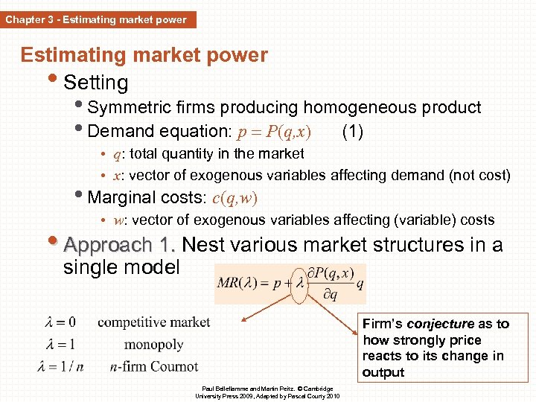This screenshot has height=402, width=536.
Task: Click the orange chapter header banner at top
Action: (x=98, y=19)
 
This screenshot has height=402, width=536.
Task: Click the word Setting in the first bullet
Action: (x=96, y=83)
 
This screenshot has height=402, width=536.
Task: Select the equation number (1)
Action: (x=352, y=132)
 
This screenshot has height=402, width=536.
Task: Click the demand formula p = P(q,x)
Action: (x=273, y=133)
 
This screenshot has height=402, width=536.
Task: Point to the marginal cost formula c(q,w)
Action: (x=236, y=198)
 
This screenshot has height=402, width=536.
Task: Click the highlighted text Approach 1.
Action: (x=120, y=245)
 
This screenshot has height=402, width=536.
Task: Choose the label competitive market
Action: (x=154, y=322)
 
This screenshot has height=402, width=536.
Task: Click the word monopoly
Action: (x=154, y=345)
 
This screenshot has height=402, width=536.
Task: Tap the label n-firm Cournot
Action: (x=154, y=366)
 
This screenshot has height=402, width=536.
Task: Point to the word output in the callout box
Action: (x=383, y=372)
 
